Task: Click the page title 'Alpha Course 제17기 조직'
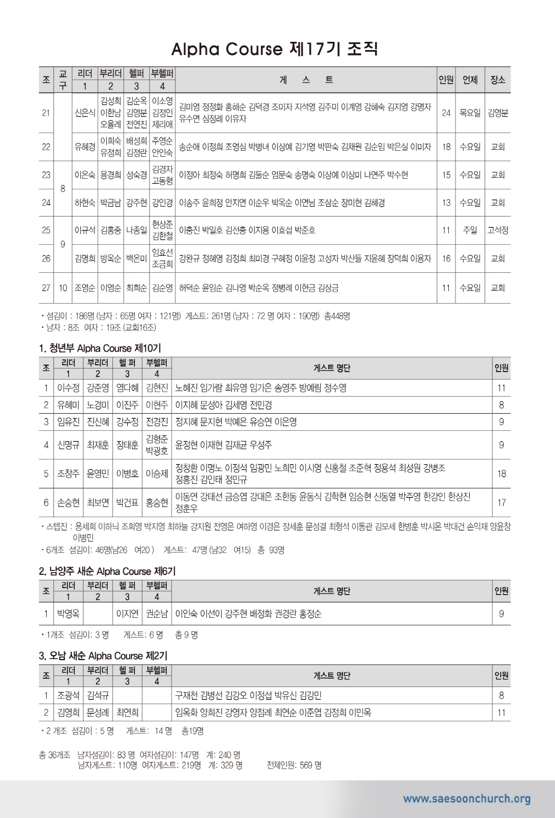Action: pyautogui.click(x=274, y=50)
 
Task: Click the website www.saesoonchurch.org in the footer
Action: pyautogui.click(x=466, y=799)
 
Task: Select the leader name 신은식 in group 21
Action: pyautogui.click(x=85, y=113)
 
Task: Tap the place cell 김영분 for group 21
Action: pyautogui.click(x=498, y=113)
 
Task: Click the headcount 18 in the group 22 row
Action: pyautogui.click(x=446, y=147)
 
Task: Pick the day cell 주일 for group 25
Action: pyautogui.click(x=470, y=230)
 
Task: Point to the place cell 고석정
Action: pyautogui.click(x=498, y=230)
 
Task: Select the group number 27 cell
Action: pyautogui.click(x=46, y=288)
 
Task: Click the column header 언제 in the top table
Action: pyautogui.click(x=470, y=80)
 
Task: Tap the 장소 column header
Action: pyautogui.click(x=498, y=80)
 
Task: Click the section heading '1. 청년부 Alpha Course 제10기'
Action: pyautogui.click(x=100, y=348)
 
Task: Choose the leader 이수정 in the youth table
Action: pyautogui.click(x=68, y=388)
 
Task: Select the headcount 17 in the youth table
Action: pyautogui.click(x=501, y=502)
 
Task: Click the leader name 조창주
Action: pyautogui.click(x=68, y=473)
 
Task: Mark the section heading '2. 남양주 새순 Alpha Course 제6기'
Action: pyautogui.click(x=107, y=571)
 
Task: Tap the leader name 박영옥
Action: pyautogui.click(x=68, y=613)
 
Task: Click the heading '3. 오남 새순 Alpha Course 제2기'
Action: pyautogui.click(x=103, y=656)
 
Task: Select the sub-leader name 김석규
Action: pyautogui.click(x=98, y=695)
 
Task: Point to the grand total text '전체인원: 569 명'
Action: pyautogui.click(x=294, y=765)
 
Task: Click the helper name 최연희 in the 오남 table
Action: pyautogui.click(x=127, y=712)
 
